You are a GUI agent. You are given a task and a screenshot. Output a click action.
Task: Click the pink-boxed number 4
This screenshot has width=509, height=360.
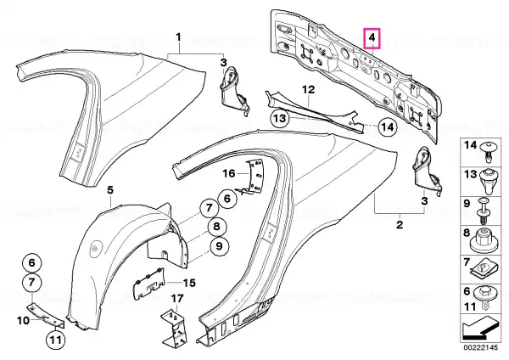(x=372, y=37)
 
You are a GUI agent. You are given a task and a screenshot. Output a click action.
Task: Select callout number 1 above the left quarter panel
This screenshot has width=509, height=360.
(x=178, y=37)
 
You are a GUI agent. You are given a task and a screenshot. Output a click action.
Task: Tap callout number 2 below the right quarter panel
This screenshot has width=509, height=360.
(x=400, y=224)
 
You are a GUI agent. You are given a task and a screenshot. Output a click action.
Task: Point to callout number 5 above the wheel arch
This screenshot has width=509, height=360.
(x=110, y=190)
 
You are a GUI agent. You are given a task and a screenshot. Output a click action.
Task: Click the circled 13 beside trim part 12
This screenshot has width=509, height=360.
(x=280, y=119)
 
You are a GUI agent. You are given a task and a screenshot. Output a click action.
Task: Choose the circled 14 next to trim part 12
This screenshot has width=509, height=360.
(x=388, y=127)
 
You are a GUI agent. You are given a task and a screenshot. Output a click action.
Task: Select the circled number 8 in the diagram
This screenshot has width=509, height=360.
(x=216, y=226)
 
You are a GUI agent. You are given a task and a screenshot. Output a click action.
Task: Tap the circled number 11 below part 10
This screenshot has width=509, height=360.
(x=55, y=340)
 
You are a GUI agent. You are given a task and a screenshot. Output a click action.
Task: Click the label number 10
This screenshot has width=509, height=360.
(x=23, y=320)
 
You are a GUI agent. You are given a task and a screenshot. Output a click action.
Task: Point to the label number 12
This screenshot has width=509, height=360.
(x=309, y=89)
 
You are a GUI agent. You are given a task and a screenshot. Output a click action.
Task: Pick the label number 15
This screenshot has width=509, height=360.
(x=189, y=283)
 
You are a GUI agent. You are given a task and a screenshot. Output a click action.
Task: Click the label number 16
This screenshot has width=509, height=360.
(x=229, y=173)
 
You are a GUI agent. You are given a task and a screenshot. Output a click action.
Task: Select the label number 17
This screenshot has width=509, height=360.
(x=177, y=298)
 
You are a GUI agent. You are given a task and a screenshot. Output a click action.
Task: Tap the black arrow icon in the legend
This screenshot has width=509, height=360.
(x=480, y=329)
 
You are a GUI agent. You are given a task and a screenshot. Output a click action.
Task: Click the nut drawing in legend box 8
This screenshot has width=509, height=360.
(x=484, y=241)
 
